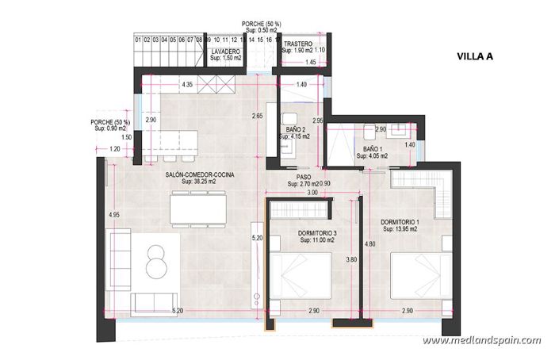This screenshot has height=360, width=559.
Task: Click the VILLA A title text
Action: click(x=476, y=56)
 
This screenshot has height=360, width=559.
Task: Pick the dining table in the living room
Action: click(x=198, y=209)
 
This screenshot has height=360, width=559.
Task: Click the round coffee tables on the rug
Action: click(x=156, y=260)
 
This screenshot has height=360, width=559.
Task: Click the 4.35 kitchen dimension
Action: click(x=188, y=84)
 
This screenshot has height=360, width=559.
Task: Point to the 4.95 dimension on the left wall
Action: click(x=114, y=215)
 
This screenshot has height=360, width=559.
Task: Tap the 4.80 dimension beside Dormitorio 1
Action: click(x=369, y=245)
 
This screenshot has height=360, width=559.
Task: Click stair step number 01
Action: click(x=139, y=39)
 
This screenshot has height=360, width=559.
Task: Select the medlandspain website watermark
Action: click(x=481, y=341)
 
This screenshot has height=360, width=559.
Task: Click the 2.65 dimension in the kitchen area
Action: click(x=256, y=117)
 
